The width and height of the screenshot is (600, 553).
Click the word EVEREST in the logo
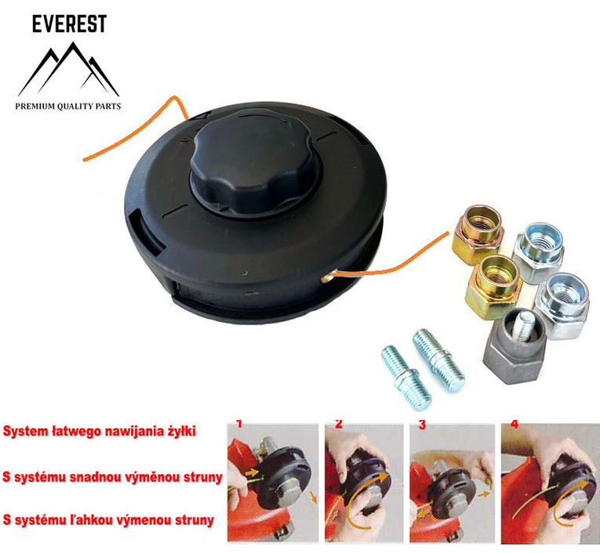(68, 23)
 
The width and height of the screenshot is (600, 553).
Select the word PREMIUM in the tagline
(40, 104)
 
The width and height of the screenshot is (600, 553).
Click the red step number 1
(239, 424)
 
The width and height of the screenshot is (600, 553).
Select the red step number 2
(339, 424)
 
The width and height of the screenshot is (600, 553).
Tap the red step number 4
(515, 424)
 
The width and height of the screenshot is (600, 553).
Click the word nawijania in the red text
(120, 431)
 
